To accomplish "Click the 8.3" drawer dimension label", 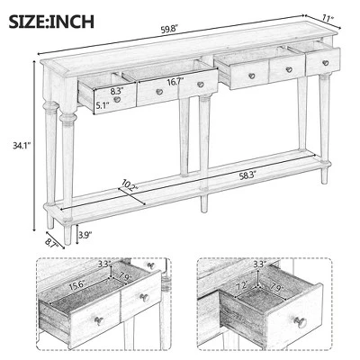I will [116, 91].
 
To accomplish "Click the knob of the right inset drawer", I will [301, 321].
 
